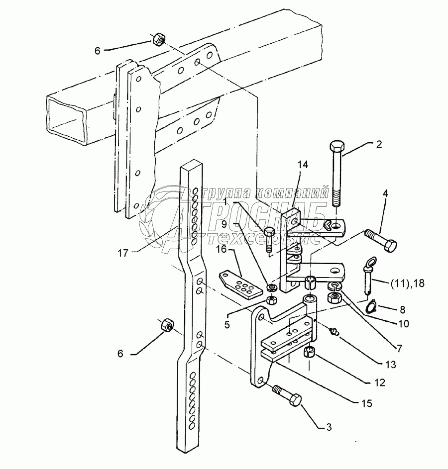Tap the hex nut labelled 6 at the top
tap(159, 38)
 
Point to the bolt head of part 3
tap(294, 400)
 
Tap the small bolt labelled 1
tap(269, 238)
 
